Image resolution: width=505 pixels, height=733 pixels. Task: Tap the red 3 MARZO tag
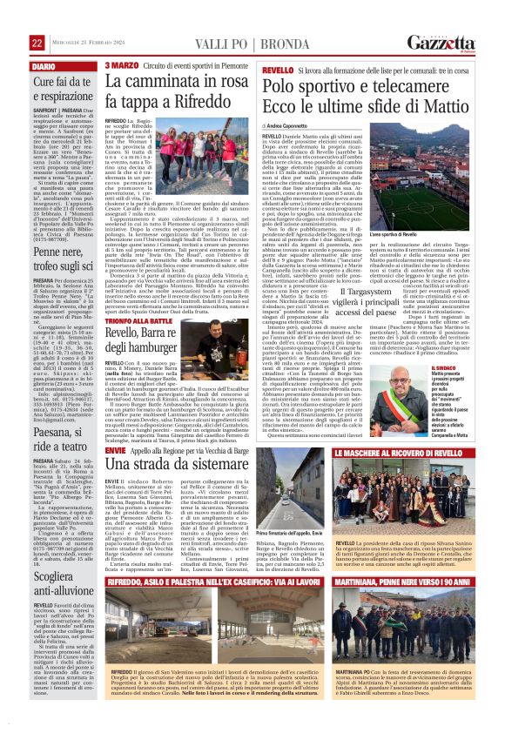click(121, 66)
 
